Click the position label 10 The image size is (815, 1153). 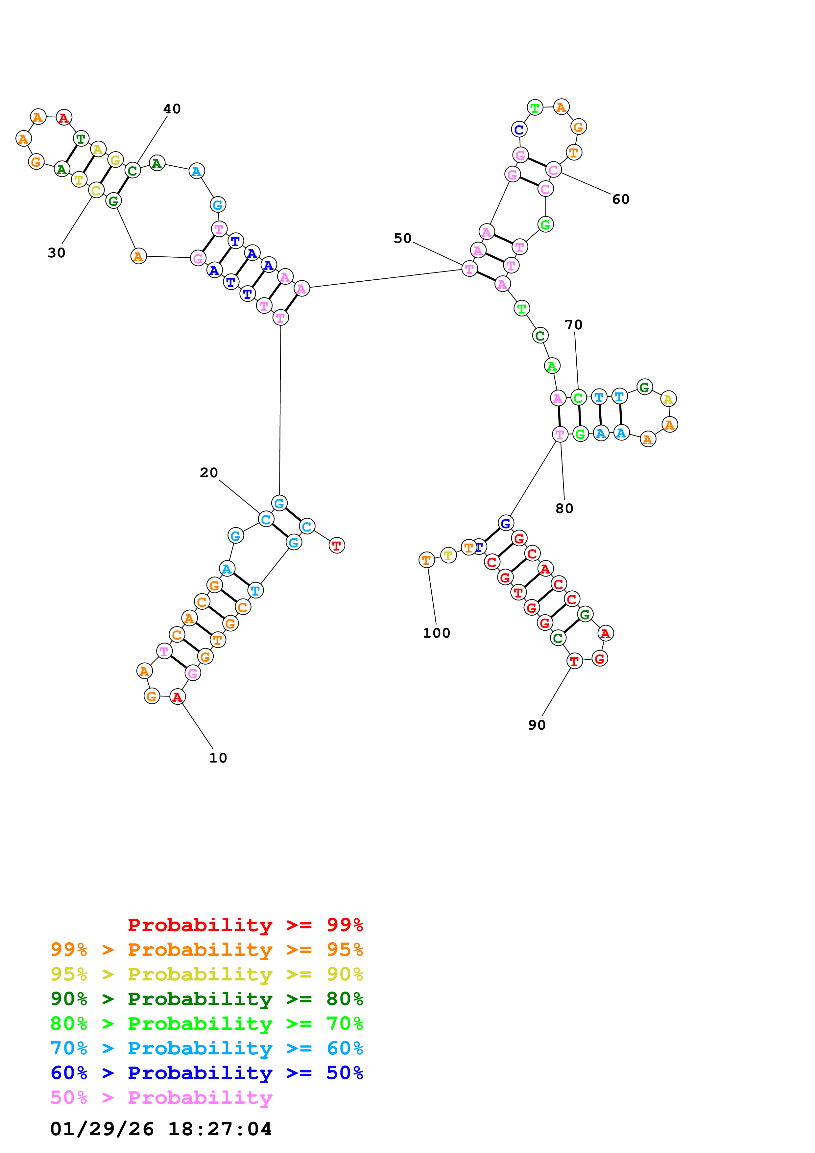pyautogui.click(x=218, y=758)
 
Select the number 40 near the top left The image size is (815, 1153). pyautogui.click(x=172, y=109)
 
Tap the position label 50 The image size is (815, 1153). pyautogui.click(x=402, y=239)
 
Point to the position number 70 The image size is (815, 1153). pyautogui.click(x=573, y=325)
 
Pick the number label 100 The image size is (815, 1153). pyautogui.click(x=436, y=633)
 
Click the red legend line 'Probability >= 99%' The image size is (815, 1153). pyautogui.click(x=245, y=925)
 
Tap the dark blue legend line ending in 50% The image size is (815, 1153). pyautogui.click(x=206, y=1073)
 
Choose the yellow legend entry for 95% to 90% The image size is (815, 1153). pyautogui.click(x=206, y=974)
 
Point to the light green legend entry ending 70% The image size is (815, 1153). pyautogui.click(x=206, y=1024)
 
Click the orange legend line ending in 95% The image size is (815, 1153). pyautogui.click(x=206, y=950)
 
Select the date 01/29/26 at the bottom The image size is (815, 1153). pyautogui.click(x=102, y=1129)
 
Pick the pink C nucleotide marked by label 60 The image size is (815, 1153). pyautogui.click(x=553, y=170)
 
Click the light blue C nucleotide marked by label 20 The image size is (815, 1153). pyautogui.click(x=266, y=519)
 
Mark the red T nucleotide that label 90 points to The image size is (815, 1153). pyautogui.click(x=574, y=661)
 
